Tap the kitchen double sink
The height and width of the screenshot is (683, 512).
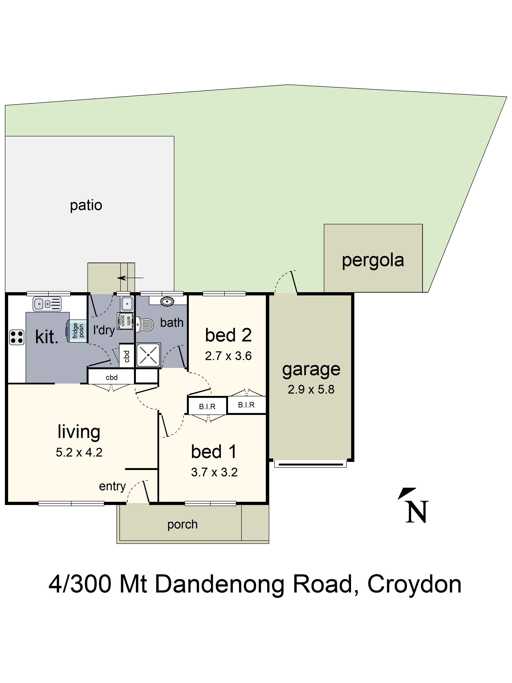click(47, 304)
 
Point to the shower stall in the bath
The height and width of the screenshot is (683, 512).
click(148, 355)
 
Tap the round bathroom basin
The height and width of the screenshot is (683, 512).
click(167, 301)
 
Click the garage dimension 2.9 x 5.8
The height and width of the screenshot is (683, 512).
click(311, 389)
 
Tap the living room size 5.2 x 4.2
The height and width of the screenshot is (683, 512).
click(79, 452)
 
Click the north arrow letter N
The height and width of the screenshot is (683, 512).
click(417, 512)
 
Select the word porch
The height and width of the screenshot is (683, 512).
click(182, 524)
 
